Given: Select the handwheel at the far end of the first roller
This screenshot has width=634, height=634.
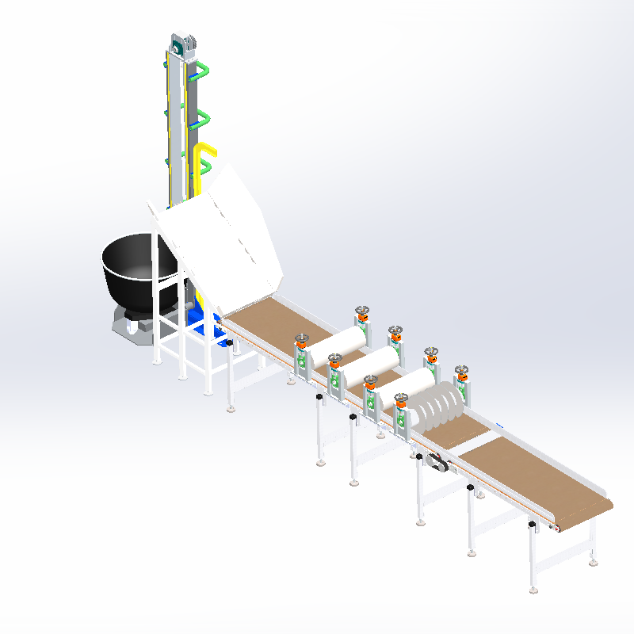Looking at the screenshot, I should click(362, 311).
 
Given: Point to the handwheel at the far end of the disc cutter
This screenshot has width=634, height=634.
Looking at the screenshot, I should click(462, 371).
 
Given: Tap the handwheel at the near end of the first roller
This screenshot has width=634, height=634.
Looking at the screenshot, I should click(301, 340).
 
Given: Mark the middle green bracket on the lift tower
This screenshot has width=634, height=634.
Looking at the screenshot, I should click(204, 119).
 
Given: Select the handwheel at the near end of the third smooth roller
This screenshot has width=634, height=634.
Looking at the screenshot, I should click(369, 381).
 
